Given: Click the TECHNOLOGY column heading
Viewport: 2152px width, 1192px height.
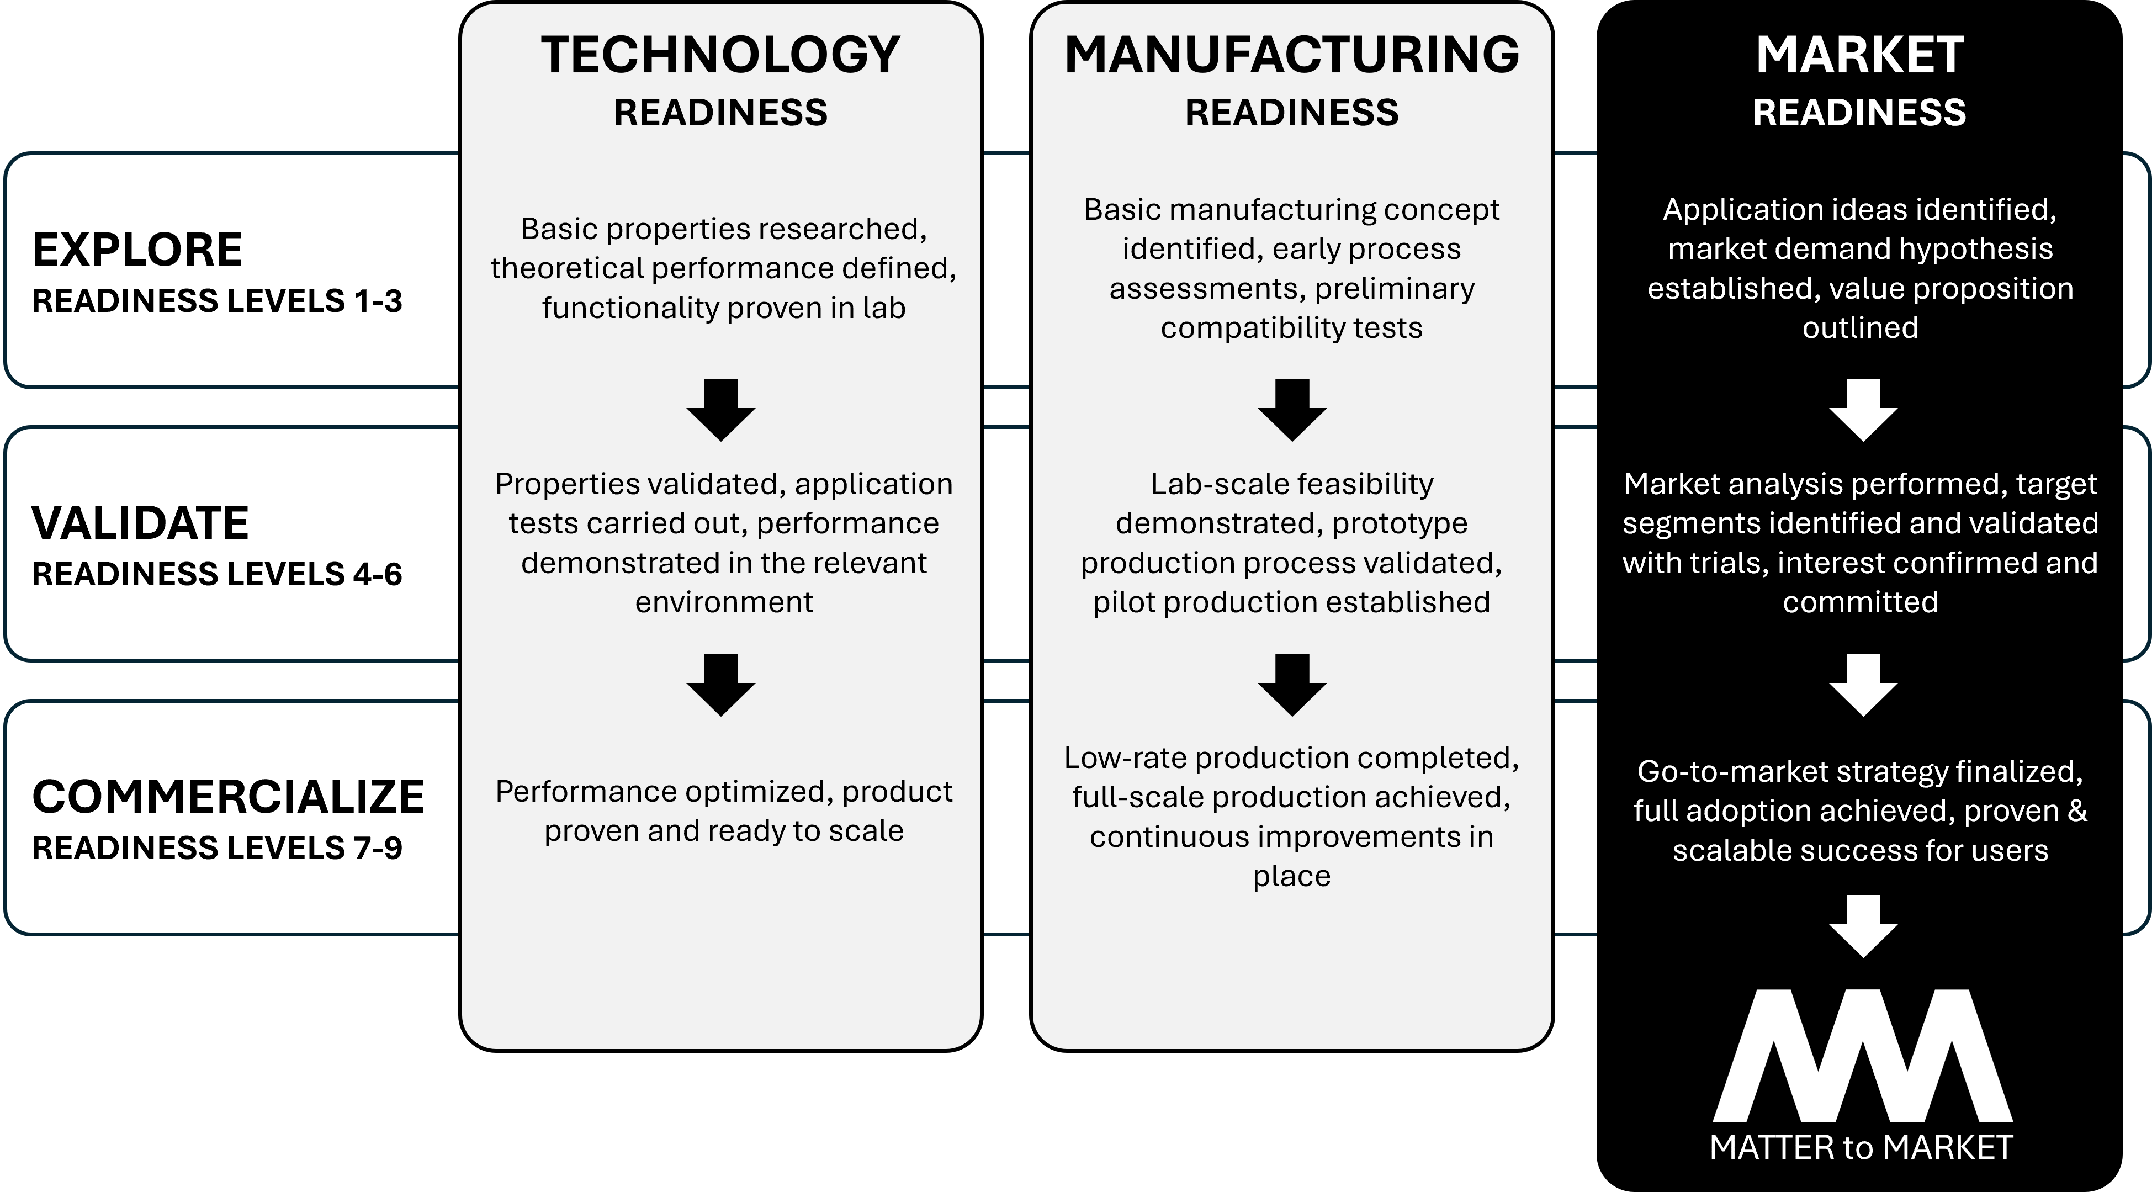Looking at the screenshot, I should click(720, 55).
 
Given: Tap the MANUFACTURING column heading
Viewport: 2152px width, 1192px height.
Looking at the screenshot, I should click(1291, 55).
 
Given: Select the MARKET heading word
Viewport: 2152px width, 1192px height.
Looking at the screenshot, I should click(1859, 55).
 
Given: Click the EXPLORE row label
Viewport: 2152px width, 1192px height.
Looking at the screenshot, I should click(137, 250).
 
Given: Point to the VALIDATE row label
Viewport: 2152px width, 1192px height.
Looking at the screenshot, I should click(140, 523).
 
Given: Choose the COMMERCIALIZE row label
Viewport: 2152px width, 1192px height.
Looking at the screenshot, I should click(228, 797).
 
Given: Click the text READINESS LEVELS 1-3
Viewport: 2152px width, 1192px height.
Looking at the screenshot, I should click(217, 301).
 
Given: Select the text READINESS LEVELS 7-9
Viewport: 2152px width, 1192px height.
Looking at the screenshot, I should click(217, 849).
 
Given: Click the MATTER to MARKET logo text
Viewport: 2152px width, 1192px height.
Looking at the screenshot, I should click(1861, 1148).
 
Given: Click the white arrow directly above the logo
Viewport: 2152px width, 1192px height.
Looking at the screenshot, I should click(1863, 925).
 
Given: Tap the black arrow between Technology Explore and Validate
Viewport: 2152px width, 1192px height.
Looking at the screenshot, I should click(721, 409).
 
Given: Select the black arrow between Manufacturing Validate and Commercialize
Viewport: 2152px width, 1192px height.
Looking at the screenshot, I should click(1291, 684).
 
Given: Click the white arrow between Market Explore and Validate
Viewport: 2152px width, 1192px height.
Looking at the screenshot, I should click(1863, 409).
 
